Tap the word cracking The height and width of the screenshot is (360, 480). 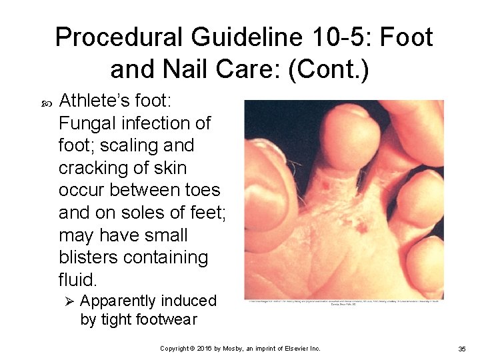[95, 167]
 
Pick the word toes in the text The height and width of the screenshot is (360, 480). [197, 190]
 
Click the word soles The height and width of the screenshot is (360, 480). [138, 213]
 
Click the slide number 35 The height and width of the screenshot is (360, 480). [462, 349]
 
